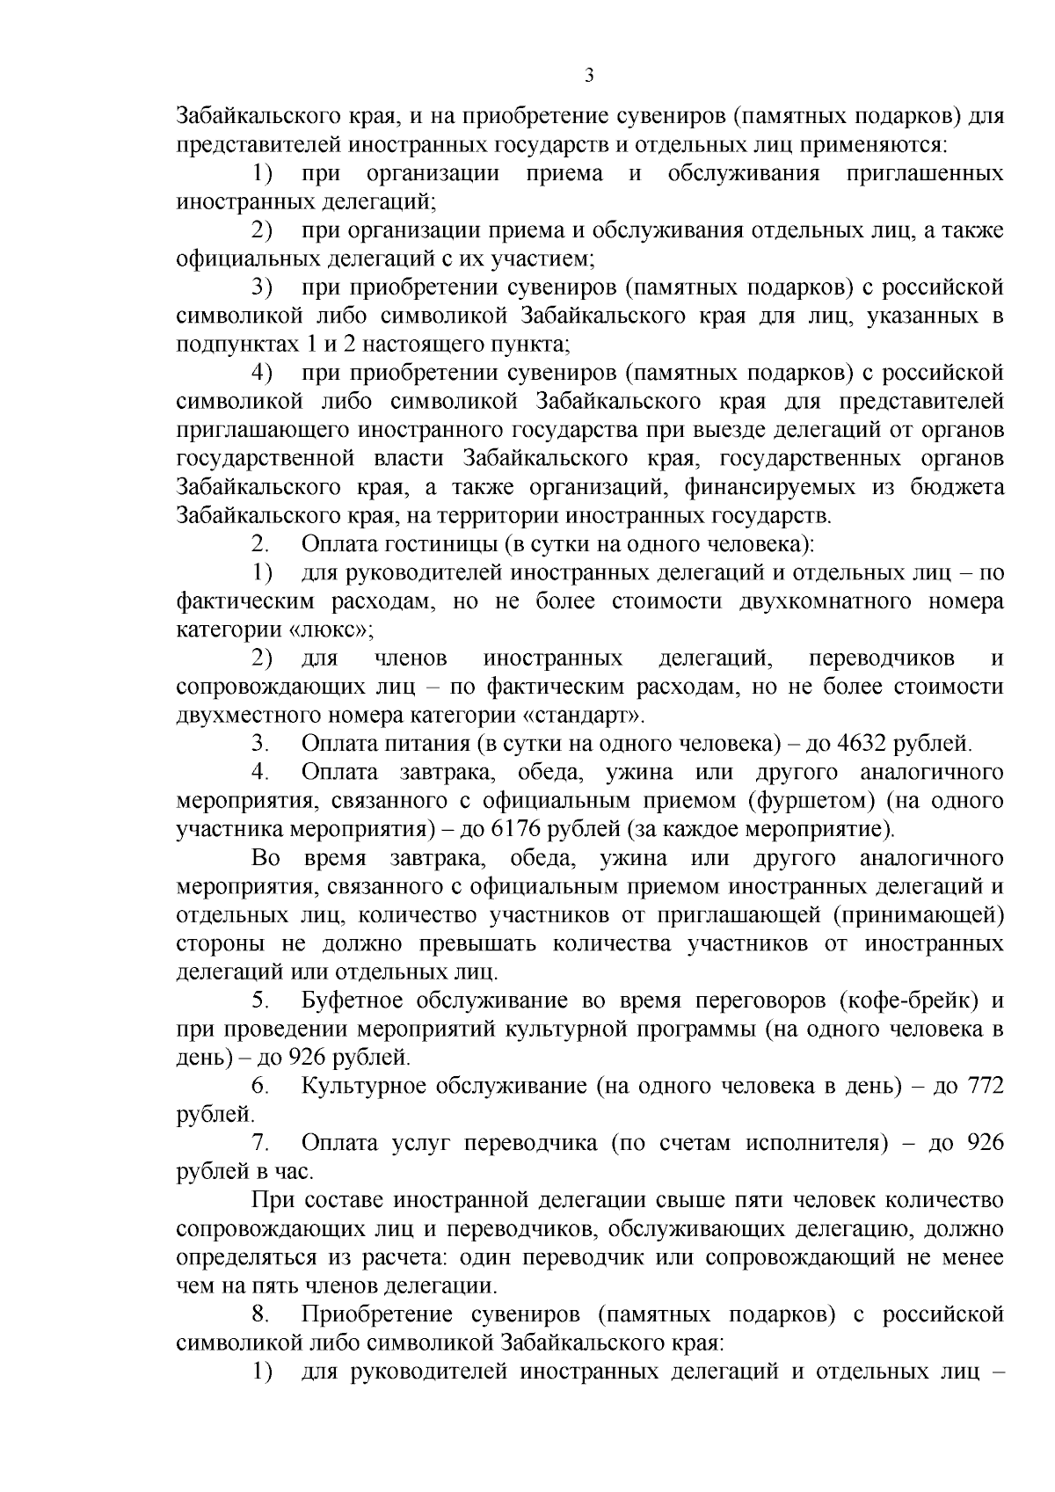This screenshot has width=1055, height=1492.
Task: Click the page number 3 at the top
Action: [589, 76]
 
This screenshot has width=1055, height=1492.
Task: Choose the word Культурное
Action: [363, 1086]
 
